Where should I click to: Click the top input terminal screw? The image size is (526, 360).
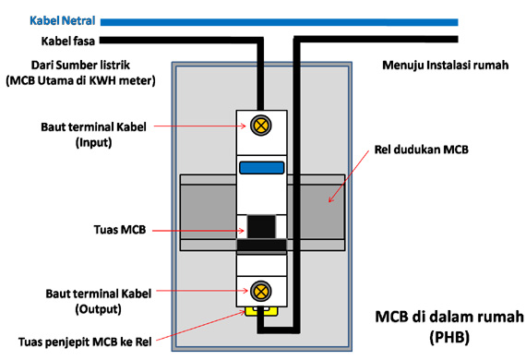(261, 125)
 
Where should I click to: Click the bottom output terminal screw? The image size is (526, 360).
(261, 292)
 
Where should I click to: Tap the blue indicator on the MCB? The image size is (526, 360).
(261, 167)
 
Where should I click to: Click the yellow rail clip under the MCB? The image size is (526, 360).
(261, 312)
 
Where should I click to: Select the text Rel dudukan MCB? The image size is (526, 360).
(424, 148)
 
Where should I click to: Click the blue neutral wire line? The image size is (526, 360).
(277, 20)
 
